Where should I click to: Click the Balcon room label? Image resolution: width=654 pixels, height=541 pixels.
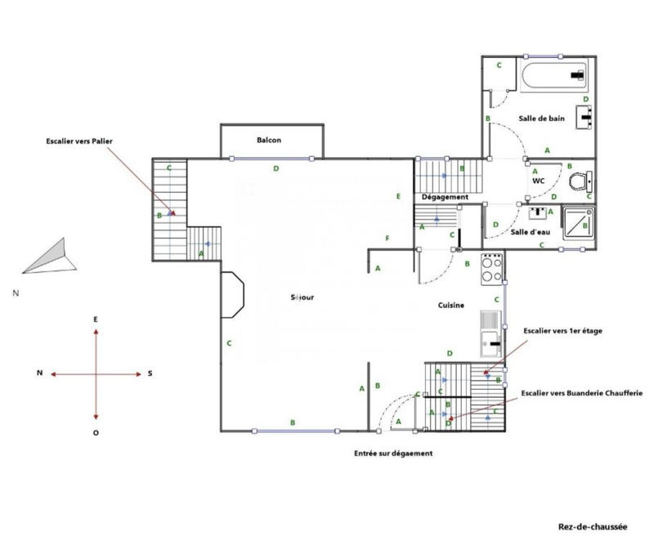(269, 140)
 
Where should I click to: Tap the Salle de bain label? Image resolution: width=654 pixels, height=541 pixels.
(541, 118)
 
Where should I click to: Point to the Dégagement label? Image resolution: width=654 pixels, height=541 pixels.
(444, 197)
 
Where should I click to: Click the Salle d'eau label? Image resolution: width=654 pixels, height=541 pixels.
(528, 232)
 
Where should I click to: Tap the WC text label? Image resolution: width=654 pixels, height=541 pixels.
(538, 181)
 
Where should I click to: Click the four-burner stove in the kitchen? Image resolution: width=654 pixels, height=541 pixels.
(491, 267)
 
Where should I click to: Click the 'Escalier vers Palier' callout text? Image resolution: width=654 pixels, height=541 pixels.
(78, 141)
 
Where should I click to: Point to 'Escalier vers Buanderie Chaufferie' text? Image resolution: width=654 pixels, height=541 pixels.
(581, 393)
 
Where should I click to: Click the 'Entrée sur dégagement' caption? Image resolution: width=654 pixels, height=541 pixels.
(392, 453)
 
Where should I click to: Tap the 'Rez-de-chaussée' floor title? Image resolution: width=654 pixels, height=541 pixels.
(593, 527)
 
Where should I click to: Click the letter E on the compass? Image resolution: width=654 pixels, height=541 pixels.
(96, 319)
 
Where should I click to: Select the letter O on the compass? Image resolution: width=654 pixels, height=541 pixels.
(96, 432)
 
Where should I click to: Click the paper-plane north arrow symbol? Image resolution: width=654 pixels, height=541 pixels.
(49, 257)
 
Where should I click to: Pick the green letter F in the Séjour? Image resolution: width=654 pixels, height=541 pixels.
(387, 238)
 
